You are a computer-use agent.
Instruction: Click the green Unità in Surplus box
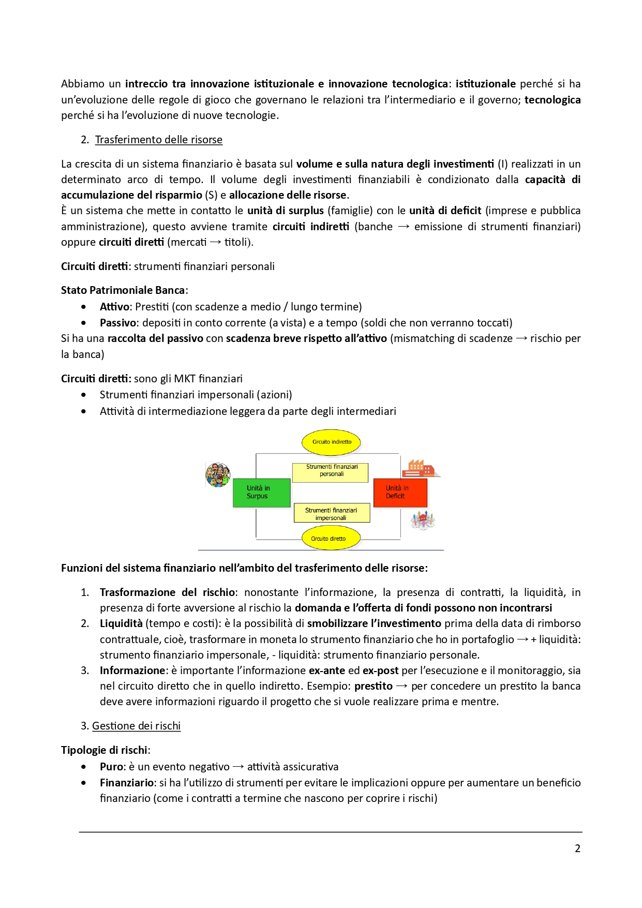click(x=261, y=493)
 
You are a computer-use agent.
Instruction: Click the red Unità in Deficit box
click(x=400, y=493)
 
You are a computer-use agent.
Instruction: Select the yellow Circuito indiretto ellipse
click(x=332, y=442)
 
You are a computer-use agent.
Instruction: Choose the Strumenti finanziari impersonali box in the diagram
click(x=332, y=513)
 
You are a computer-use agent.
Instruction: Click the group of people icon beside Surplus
click(x=218, y=475)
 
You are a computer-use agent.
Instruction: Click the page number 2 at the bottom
click(x=577, y=849)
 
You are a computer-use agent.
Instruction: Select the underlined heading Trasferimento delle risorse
click(x=158, y=140)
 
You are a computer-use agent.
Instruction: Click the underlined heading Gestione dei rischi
click(x=136, y=726)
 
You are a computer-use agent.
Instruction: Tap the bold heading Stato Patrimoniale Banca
click(x=123, y=290)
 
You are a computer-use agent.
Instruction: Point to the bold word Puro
click(x=111, y=767)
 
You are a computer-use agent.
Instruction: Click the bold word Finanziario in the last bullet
click(x=127, y=783)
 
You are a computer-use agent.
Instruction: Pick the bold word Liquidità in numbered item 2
click(x=121, y=623)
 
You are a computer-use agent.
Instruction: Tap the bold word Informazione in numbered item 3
click(x=132, y=671)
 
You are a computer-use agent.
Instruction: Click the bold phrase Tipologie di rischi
click(x=104, y=750)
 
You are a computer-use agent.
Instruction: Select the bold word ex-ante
click(x=326, y=671)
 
